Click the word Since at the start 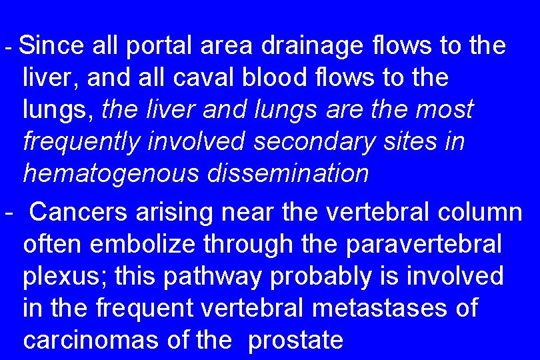[52, 46]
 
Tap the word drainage [314, 46]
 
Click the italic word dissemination [288, 174]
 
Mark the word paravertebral [424, 245]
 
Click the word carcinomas [91, 341]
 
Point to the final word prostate [295, 341]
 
